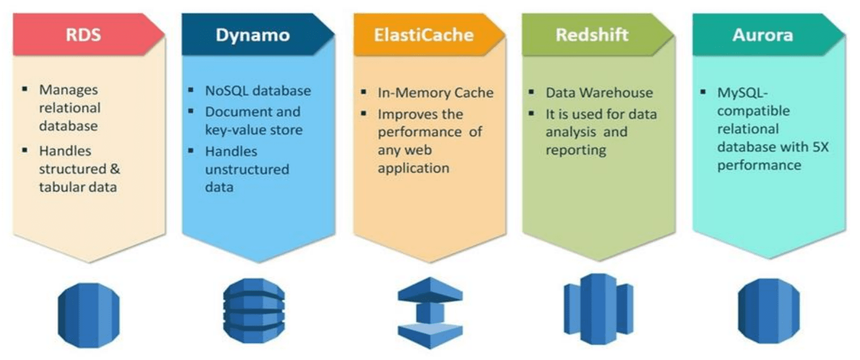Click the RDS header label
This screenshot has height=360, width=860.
coord(83,35)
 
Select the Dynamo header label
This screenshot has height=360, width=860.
coord(253,35)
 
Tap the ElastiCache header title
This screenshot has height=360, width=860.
coord(424,35)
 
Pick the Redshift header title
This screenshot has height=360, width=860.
coord(592,35)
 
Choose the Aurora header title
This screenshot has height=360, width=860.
coord(763,35)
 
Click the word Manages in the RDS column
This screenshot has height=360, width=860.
coord(60,90)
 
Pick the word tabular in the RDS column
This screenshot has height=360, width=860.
coord(60,186)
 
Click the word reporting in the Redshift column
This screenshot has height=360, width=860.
coord(575,151)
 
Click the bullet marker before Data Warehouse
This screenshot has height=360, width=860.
coord(532,92)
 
